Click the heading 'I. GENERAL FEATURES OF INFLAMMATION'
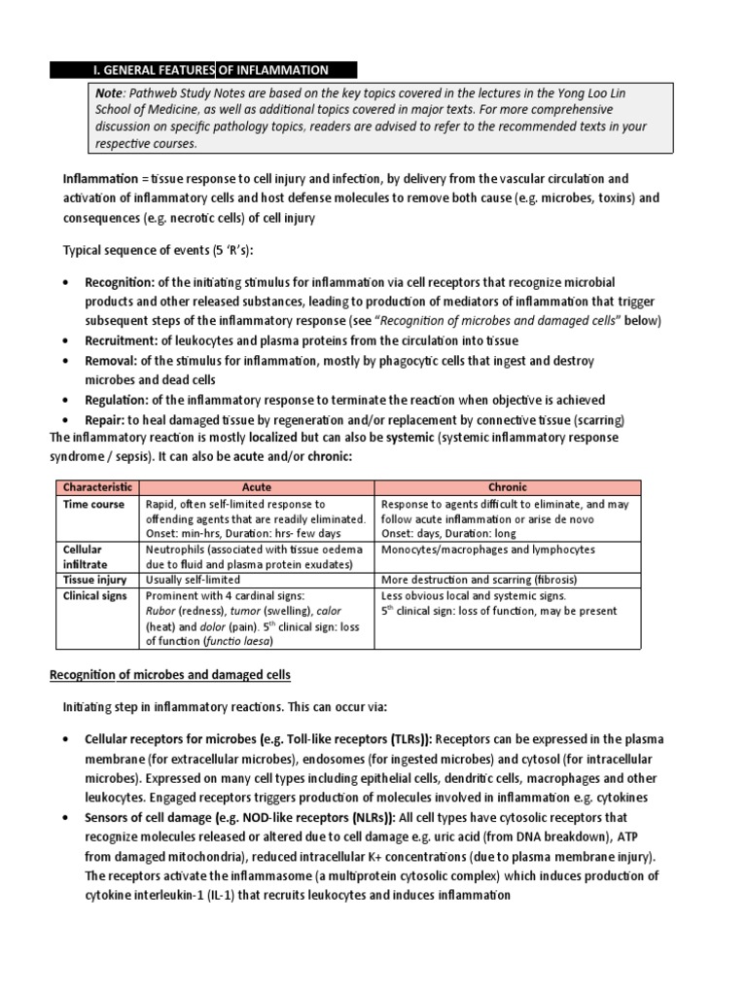[210, 69]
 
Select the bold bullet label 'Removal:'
[114, 360]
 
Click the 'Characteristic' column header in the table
[96, 486]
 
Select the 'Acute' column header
[257, 486]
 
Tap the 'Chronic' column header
[509, 486]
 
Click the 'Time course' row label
[93, 504]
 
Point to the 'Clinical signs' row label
[95, 595]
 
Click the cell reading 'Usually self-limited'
[194, 579]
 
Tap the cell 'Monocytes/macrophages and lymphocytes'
[488, 550]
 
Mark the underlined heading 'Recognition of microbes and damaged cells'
[170, 674]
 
